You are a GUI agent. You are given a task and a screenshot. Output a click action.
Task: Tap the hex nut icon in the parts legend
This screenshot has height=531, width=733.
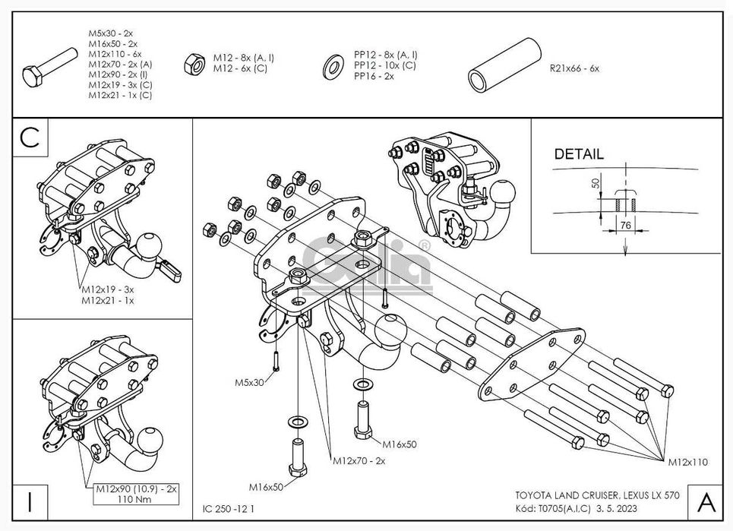[192, 65]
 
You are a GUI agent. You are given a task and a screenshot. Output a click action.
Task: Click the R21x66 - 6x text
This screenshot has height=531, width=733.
[573, 68]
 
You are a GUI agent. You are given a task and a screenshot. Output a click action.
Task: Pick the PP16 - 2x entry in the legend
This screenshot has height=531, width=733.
[374, 76]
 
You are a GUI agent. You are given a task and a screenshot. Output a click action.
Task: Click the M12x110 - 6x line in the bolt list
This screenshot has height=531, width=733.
[115, 54]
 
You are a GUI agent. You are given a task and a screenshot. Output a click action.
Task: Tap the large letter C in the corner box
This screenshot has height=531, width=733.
[30, 137]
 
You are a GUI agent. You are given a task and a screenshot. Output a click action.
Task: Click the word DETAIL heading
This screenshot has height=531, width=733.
[579, 153]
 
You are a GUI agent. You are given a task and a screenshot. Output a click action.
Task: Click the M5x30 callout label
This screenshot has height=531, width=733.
[249, 382]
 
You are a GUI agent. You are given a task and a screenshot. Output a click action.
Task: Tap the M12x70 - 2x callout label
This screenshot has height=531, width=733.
[359, 460]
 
